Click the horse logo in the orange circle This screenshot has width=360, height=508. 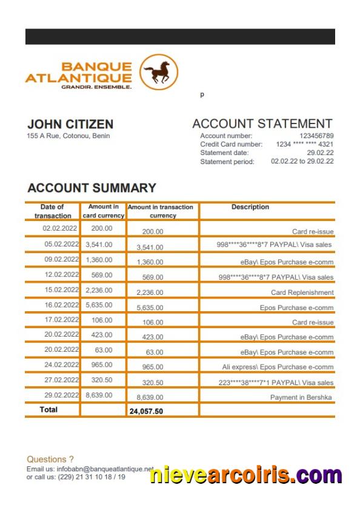159,72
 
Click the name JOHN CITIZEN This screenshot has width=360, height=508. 70,124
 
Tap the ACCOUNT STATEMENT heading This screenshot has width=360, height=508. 262,124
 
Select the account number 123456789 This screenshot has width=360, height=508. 316,136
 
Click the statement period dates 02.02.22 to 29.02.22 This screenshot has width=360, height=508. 302,162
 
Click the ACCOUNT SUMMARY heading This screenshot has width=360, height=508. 92,188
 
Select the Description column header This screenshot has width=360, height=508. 250,207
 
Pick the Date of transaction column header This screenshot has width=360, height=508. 52,211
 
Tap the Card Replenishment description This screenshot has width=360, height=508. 302,292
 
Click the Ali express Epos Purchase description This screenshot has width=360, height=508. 278,367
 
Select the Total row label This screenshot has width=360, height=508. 48,410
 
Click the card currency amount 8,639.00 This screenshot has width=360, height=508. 99,395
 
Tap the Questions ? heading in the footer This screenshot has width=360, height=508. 50,460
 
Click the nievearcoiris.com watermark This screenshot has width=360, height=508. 245,475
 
